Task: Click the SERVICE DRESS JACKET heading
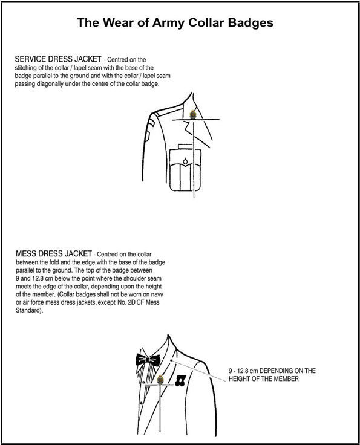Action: point(58,59)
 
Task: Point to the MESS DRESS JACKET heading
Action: point(54,253)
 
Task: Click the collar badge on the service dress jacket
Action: point(193,114)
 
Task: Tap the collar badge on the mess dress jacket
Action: point(160,379)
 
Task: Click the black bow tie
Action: point(148,360)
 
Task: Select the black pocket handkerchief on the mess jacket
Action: point(180,380)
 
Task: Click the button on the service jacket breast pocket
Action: point(185,162)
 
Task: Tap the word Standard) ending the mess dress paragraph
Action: point(29,311)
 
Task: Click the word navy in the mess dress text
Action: point(157,295)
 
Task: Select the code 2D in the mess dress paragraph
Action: point(131,302)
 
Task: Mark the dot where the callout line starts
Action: point(171,360)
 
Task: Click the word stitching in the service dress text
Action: point(26,68)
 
